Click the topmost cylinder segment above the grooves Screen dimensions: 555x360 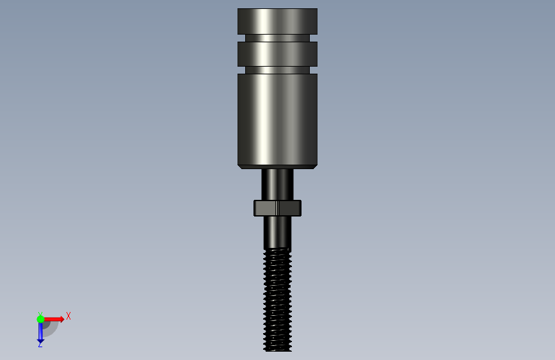[x=277, y=21]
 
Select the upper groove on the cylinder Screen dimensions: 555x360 [x=277, y=38]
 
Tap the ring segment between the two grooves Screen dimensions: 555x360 [x=277, y=54]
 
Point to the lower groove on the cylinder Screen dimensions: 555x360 [x=277, y=70]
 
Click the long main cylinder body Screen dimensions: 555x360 [x=277, y=119]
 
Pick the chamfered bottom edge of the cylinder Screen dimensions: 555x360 [x=277, y=167]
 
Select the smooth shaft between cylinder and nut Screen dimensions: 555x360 [x=278, y=184]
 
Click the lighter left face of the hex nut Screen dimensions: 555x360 [x=265, y=208]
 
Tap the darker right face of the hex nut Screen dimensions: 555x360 [x=289, y=208]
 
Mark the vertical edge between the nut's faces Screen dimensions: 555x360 [x=278, y=208]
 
